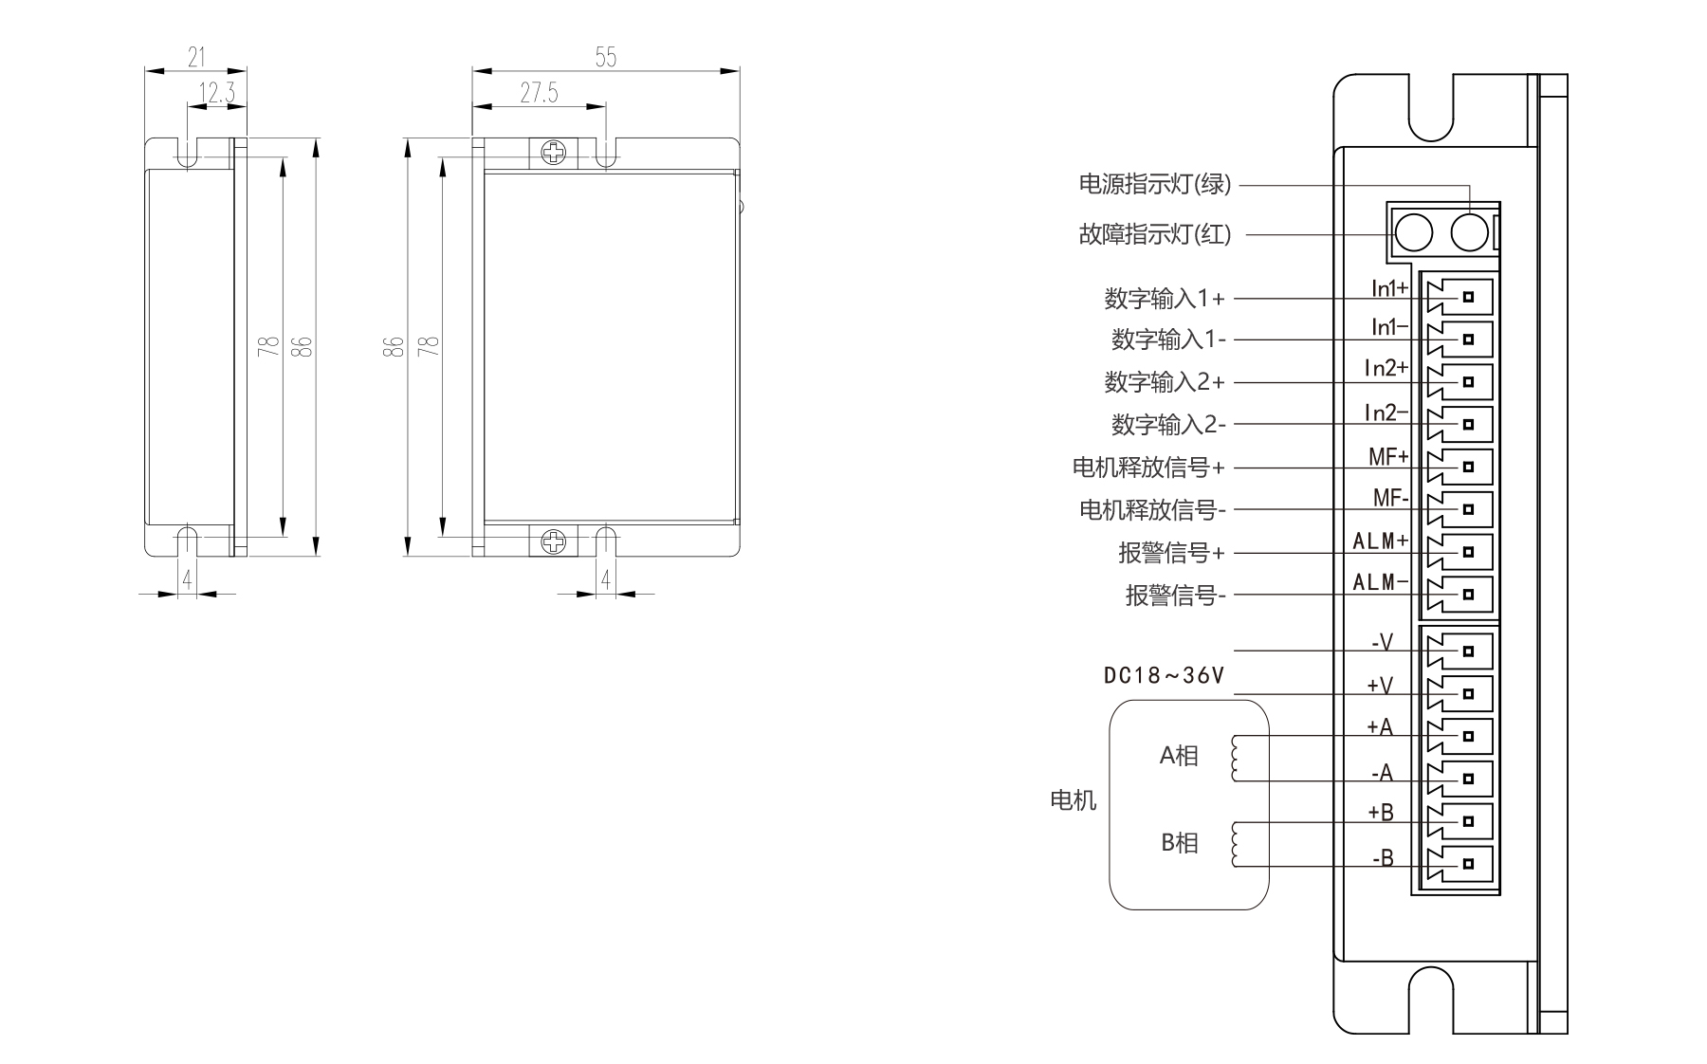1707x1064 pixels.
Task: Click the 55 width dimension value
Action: [605, 58]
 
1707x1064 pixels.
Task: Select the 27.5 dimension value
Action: [539, 93]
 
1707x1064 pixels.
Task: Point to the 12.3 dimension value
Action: [217, 93]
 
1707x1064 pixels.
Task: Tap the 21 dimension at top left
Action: [196, 58]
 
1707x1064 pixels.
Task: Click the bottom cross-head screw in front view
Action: [552, 541]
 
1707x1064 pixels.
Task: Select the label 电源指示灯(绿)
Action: [1154, 184]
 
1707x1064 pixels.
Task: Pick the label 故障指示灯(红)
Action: [1154, 233]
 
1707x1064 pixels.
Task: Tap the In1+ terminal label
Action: [1389, 288]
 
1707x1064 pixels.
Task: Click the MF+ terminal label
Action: [1388, 457]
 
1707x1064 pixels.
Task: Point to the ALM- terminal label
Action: [1380, 582]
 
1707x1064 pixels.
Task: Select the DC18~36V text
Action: [1164, 675]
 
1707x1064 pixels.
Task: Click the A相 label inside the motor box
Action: [1179, 756]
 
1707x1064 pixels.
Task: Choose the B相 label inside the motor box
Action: [1179, 842]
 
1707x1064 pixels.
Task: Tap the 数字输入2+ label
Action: [1165, 382]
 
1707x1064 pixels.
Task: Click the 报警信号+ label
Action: [1171, 552]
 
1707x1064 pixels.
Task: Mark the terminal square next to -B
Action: [1468, 864]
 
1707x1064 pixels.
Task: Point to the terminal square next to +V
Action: [1468, 693]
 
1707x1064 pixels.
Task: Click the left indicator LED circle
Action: [1414, 232]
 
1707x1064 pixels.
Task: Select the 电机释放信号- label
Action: [1152, 510]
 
